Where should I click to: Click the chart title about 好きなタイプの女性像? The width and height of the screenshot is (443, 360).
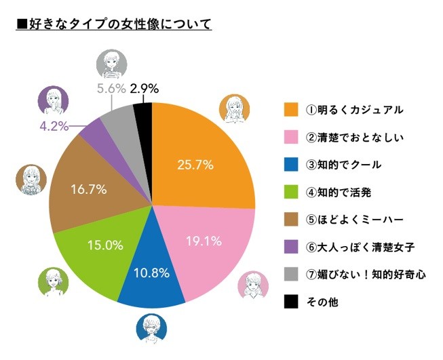click(114, 25)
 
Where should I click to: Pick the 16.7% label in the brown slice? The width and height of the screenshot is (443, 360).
click(88, 189)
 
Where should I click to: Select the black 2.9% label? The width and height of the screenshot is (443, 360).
click(145, 88)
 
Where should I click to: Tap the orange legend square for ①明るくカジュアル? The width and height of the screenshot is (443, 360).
click(291, 109)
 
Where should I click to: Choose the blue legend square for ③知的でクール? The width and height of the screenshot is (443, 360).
click(291, 165)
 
